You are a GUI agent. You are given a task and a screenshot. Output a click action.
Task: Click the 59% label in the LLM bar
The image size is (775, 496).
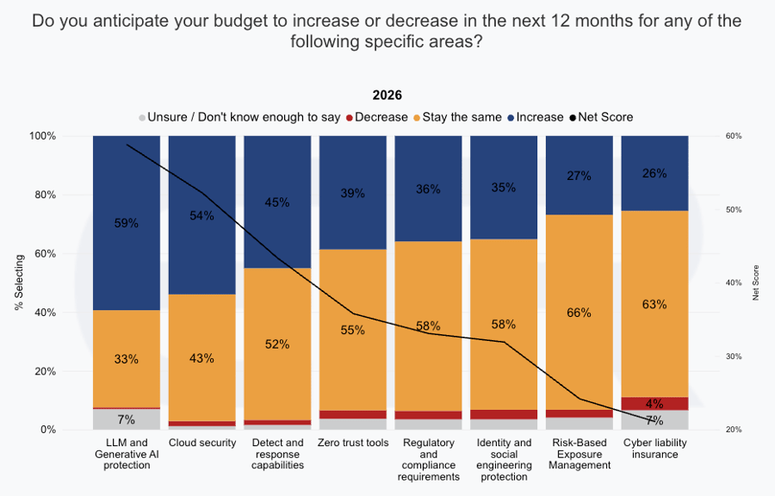point(127,223)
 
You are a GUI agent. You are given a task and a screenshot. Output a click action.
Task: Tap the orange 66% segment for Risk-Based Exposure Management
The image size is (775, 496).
point(579,313)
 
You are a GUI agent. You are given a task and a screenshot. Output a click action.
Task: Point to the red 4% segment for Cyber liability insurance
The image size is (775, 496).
point(654,403)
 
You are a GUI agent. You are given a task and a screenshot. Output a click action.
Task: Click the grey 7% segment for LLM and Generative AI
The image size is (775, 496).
point(127,419)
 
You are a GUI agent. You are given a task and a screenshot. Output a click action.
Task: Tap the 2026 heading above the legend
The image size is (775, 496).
point(387,96)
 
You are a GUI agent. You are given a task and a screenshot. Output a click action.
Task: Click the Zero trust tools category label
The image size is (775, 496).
point(352,443)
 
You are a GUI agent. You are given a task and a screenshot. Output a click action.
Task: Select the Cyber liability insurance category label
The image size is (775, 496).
point(654,449)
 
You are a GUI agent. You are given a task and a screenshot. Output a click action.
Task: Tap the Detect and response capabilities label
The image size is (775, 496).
point(277,454)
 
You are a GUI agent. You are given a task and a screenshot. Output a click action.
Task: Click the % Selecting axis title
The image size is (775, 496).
point(19,282)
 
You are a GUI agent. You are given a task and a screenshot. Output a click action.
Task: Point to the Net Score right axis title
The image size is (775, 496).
point(756,282)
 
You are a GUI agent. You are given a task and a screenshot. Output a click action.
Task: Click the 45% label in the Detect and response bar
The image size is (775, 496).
point(277,202)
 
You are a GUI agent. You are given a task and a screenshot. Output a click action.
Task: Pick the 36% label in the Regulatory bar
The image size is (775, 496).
point(428,189)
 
